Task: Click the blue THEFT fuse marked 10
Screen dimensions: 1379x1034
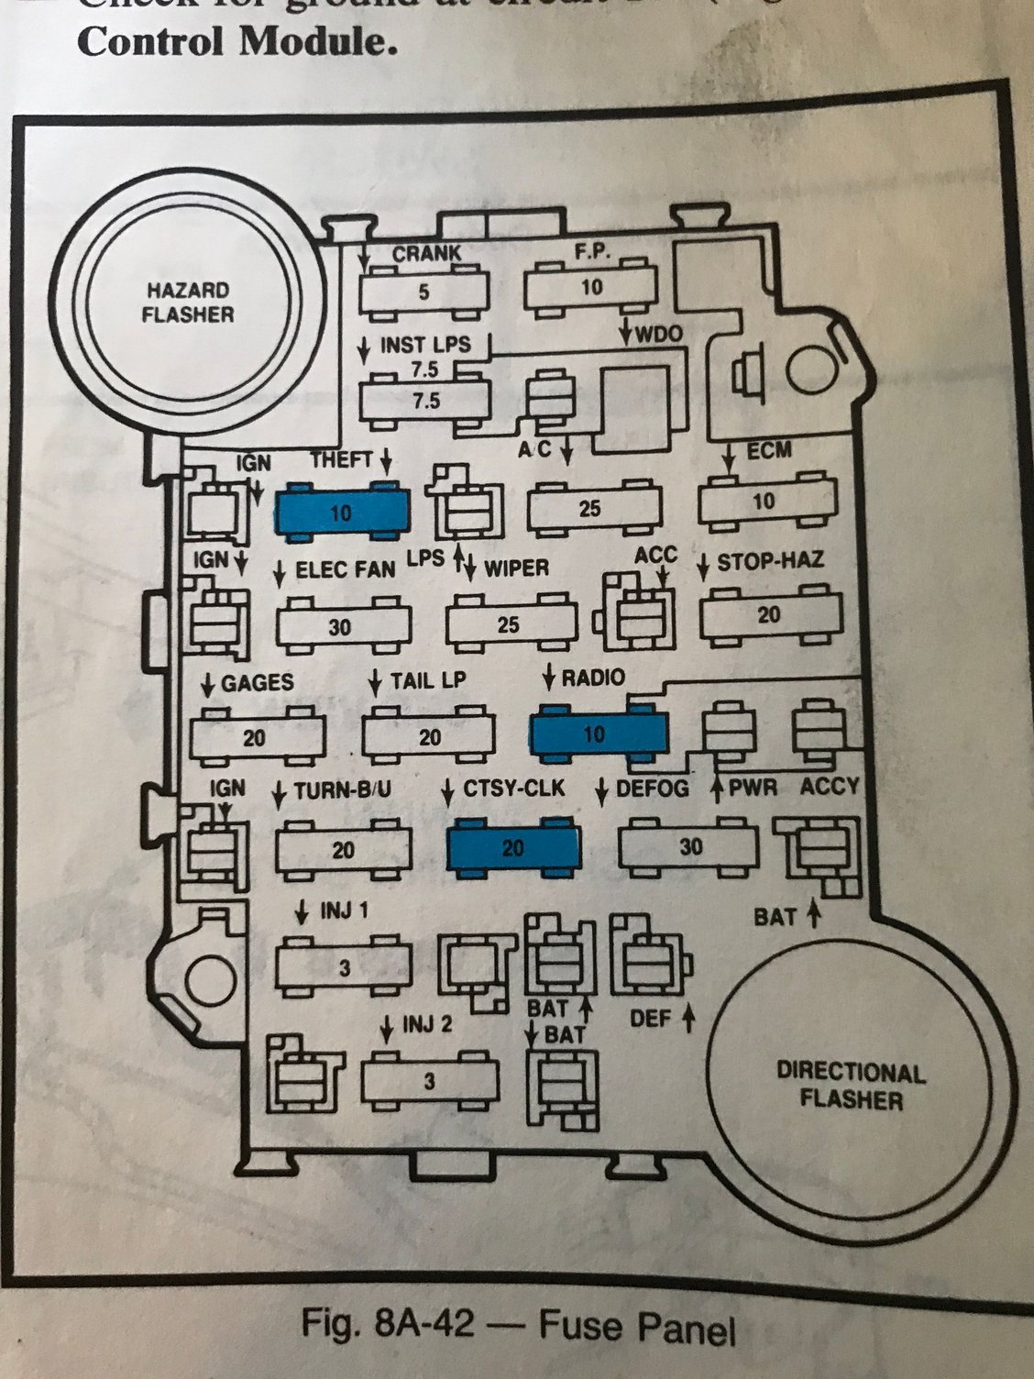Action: click(342, 512)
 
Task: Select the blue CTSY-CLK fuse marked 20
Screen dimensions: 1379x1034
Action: click(513, 847)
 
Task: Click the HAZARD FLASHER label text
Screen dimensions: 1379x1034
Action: click(189, 302)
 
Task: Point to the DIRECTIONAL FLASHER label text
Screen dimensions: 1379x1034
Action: click(851, 1085)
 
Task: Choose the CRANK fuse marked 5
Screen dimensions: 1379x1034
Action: click(423, 292)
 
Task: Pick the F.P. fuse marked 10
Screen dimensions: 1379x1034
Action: click(591, 287)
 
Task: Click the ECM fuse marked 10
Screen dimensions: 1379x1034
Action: click(764, 501)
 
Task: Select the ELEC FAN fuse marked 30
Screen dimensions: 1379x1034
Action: click(341, 627)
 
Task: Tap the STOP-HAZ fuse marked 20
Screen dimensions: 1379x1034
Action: click(770, 614)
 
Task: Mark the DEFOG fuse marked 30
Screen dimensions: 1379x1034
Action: click(689, 845)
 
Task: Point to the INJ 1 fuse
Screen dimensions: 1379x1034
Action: click(344, 967)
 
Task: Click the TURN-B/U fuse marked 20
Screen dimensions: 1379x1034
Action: click(343, 850)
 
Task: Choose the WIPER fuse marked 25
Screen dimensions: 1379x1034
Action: click(511, 623)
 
